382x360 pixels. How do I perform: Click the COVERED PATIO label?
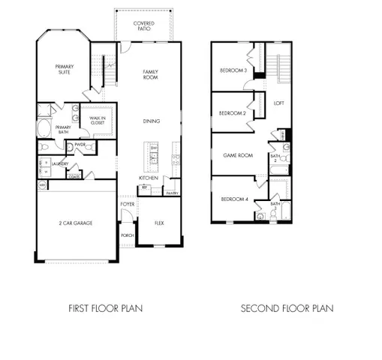point(144,26)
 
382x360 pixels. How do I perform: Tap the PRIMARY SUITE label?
point(64,70)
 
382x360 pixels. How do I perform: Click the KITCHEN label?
point(158,178)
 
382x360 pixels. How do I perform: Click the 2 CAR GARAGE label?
point(75,223)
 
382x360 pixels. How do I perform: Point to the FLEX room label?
point(159,223)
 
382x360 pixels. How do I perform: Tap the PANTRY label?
point(172,192)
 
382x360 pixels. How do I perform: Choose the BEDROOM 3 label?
point(233,70)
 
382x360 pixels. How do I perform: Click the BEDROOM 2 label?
point(232,113)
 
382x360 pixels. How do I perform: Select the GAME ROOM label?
point(237,155)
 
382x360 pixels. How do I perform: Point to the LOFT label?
point(278,103)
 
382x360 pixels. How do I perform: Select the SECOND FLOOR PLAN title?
point(287,307)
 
